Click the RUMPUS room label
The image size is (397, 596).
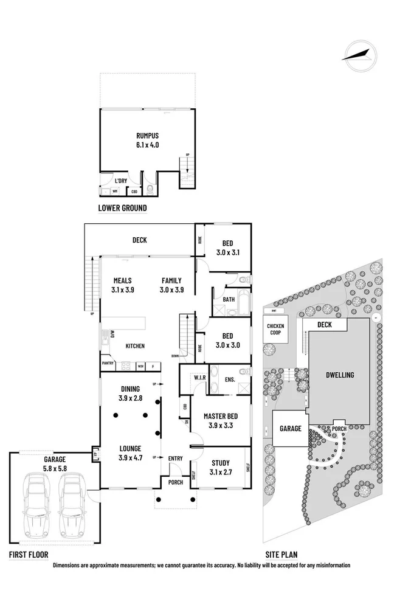coord(148,140)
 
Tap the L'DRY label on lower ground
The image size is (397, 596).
coord(121,181)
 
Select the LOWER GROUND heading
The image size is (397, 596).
coord(122,208)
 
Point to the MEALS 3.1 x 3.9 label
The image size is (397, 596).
coord(123,285)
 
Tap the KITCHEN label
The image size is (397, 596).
coord(134,346)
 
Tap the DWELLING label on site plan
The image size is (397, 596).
coord(339,375)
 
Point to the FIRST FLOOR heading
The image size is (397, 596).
coord(28,555)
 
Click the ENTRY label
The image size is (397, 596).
coord(176,458)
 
